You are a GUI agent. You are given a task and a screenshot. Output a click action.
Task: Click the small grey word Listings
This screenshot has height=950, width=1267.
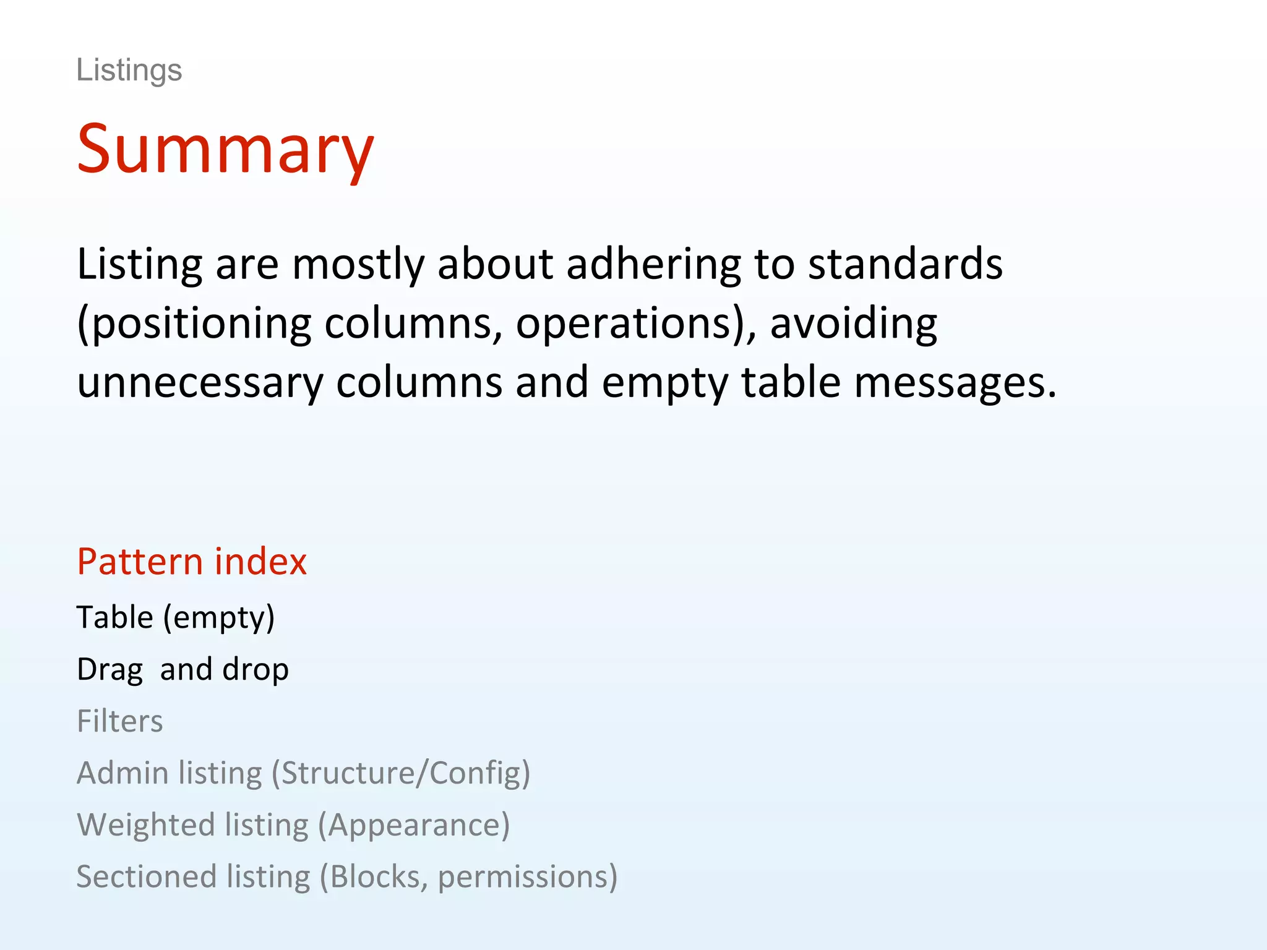[x=129, y=70]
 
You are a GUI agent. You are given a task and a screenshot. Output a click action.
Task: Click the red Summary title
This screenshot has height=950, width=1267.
[x=225, y=149]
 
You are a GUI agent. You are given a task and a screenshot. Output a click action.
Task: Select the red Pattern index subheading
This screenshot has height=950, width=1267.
[x=192, y=562]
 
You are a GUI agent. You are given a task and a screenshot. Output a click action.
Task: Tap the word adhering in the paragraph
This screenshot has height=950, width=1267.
[x=653, y=264]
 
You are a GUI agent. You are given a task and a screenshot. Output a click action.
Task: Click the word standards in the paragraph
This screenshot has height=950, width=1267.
[x=905, y=264]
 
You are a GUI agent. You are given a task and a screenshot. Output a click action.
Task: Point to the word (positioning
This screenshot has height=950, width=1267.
[x=194, y=323]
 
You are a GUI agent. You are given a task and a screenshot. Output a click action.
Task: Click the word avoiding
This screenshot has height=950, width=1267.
[x=853, y=323]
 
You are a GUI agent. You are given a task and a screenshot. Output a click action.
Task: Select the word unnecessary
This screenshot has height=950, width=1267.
[x=200, y=382]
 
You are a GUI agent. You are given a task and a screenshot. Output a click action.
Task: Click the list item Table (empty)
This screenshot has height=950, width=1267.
[x=176, y=617]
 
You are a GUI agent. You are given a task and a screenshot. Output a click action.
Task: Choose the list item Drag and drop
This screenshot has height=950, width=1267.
[x=183, y=669]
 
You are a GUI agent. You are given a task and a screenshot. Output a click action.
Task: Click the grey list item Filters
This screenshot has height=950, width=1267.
[x=119, y=721]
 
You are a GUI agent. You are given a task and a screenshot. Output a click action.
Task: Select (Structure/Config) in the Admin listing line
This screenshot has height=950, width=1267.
[x=401, y=773]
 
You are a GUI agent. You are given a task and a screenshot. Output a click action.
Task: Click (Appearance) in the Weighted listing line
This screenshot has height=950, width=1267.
[x=413, y=825]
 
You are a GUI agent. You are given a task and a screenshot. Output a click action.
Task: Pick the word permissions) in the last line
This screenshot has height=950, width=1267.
[x=527, y=877]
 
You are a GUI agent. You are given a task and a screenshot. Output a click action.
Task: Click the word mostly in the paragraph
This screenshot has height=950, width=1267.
[x=358, y=264]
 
